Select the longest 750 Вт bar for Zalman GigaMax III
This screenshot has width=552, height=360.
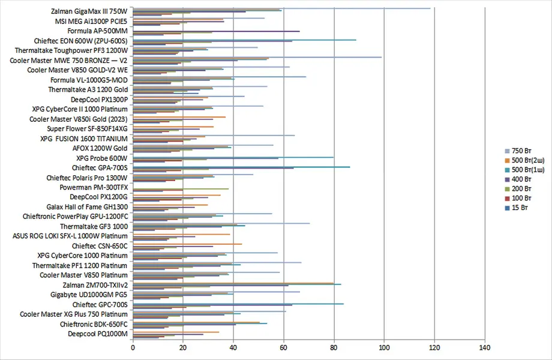[x=282, y=8]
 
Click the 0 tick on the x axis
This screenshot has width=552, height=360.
[x=133, y=347]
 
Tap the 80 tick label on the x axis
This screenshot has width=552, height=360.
[x=334, y=347]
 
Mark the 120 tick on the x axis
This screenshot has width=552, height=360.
[x=434, y=347]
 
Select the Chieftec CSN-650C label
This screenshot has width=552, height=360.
[x=100, y=245]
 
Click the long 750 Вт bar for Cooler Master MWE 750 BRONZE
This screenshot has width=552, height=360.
[x=258, y=57]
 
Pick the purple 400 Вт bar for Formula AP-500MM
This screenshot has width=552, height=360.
[x=216, y=31]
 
